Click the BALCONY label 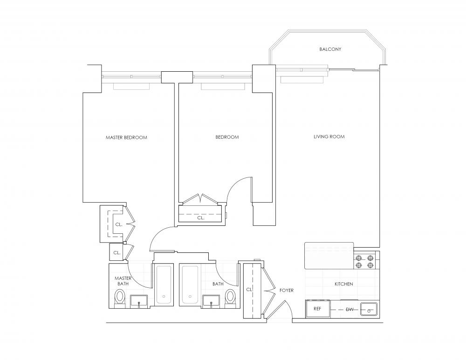pos(330,49)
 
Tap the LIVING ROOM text pos(329,136)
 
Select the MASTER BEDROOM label pos(126,137)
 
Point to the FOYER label pos(287,290)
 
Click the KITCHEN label pos(344,284)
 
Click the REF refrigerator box pos(318,309)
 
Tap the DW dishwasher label pos(350,310)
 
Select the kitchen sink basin pos(369,309)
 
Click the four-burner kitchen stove pos(365,261)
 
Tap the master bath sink pos(139,301)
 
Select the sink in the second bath pos(211,301)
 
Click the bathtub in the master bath pos(164,285)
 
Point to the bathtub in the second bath pos(190,285)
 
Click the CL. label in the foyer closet pos(249,290)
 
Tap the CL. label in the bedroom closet pos(201,217)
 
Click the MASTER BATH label pos(123,281)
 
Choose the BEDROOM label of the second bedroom pos(227,137)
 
